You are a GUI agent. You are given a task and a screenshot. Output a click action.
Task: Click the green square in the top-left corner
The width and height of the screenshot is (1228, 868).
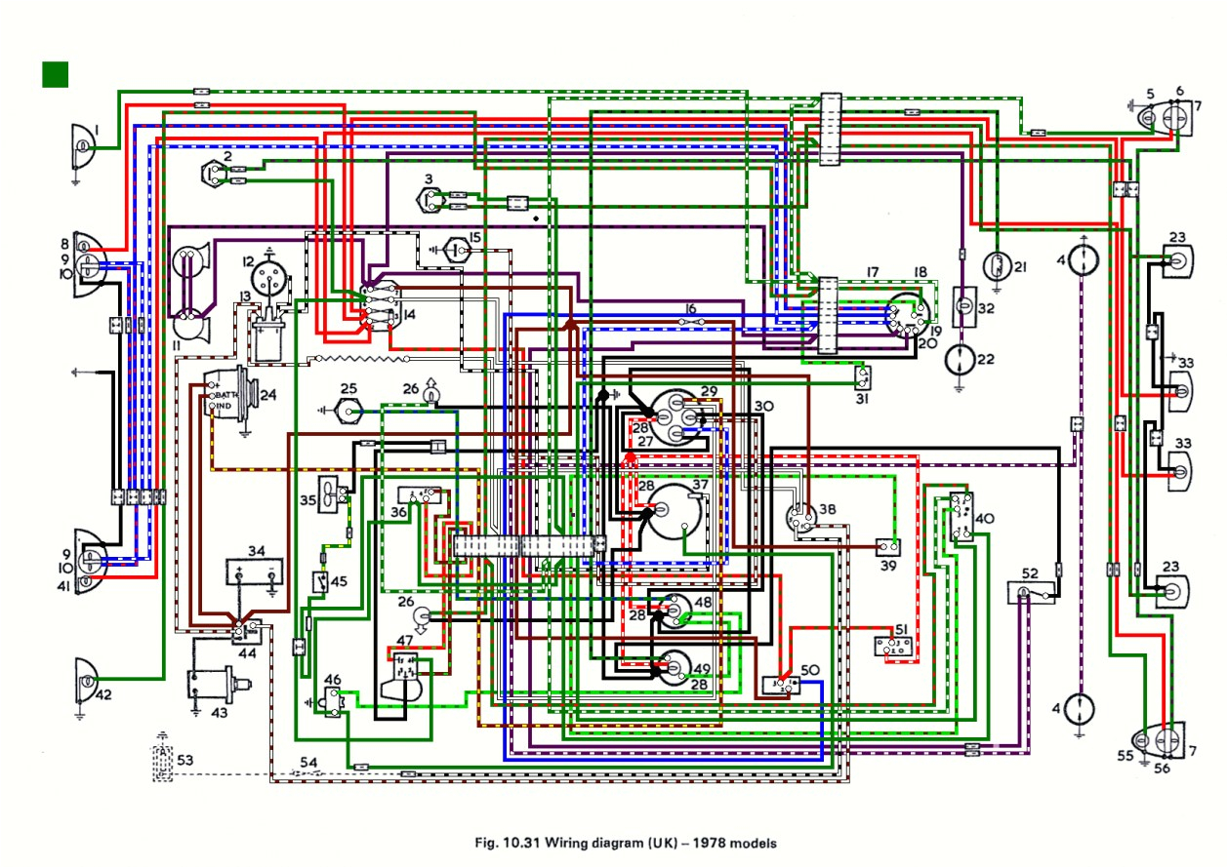pyautogui.click(x=56, y=74)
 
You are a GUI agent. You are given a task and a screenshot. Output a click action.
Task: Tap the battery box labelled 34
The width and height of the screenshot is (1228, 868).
pyautogui.click(x=255, y=572)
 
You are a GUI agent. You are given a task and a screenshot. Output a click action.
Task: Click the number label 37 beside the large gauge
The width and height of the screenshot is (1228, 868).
pyautogui.click(x=700, y=485)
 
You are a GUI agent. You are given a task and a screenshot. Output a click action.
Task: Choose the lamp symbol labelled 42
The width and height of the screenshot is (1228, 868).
pyautogui.click(x=86, y=679)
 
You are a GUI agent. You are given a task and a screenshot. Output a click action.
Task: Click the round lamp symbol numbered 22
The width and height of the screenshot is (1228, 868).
pyautogui.click(x=960, y=359)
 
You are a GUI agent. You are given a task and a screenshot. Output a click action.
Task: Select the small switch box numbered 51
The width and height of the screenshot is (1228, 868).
pyautogui.click(x=896, y=648)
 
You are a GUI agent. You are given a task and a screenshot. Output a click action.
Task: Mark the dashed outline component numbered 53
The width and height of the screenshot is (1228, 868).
pyautogui.click(x=161, y=762)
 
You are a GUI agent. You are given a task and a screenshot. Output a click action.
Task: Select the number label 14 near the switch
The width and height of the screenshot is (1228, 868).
pyautogui.click(x=407, y=315)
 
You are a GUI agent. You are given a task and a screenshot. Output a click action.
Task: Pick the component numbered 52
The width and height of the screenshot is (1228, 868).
pyautogui.click(x=1028, y=593)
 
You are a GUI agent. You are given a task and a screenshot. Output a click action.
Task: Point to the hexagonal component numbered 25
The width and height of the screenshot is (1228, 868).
pyautogui.click(x=348, y=412)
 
